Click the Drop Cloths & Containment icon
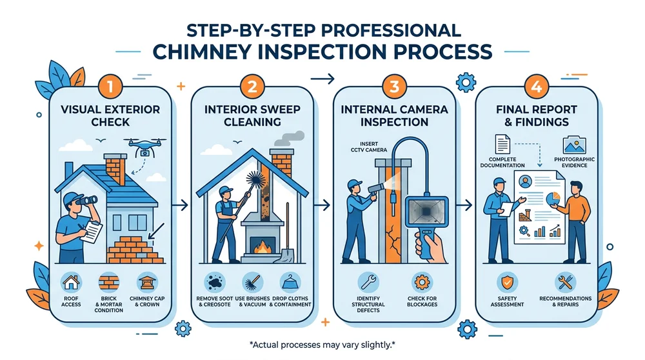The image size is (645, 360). pos(288,282)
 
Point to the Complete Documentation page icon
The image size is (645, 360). pos(503,143)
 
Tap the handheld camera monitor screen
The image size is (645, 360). pos(424,213)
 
